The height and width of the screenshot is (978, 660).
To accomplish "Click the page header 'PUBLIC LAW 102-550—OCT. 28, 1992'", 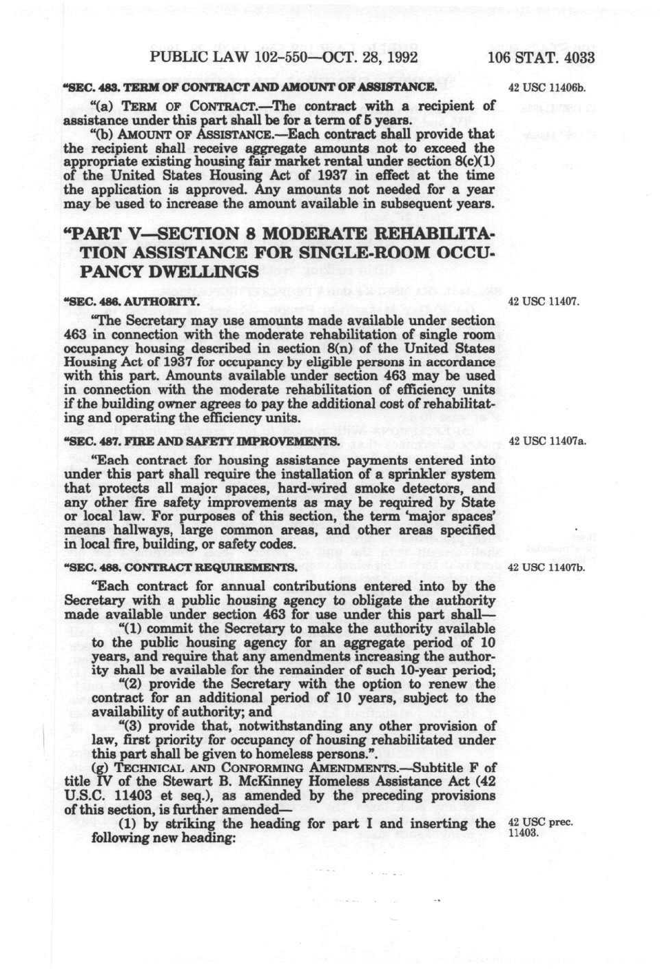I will coord(283,57).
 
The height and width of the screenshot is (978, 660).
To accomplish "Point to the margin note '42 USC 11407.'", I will coord(544,302).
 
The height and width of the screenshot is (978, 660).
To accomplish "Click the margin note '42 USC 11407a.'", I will coord(547,441).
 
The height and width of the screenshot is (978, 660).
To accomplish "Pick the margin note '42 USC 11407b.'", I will coord(546,568).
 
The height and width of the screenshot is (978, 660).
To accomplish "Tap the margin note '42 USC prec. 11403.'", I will coord(539,827).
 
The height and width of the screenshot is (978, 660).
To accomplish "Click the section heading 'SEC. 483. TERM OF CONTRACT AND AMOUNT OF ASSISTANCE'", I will coord(250,88).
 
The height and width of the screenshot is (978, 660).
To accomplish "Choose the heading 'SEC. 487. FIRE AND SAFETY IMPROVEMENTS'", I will coord(200,441).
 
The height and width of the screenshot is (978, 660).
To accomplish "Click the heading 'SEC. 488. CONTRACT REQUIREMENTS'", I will coord(181,568).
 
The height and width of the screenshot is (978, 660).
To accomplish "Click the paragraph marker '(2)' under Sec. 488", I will coord(132,684).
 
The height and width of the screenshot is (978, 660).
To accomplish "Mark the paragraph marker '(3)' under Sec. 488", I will coord(132,726).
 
